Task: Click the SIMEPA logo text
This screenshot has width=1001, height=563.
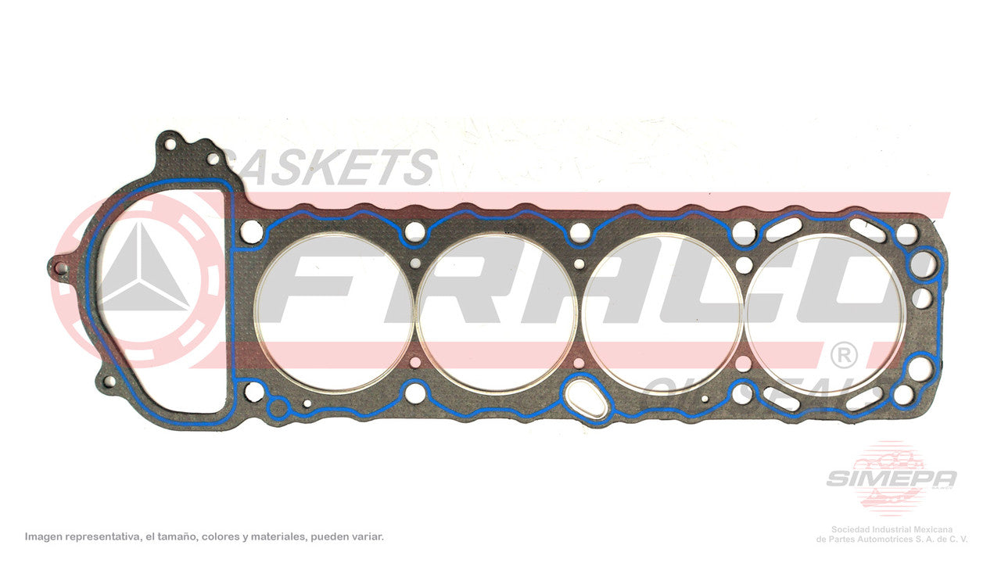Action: [891, 478]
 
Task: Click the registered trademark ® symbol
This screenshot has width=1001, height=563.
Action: [843, 357]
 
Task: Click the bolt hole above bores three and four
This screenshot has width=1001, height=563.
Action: [744, 231]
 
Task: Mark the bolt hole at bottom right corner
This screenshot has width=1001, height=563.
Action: [902, 395]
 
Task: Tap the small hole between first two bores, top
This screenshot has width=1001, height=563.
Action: [416, 264]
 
